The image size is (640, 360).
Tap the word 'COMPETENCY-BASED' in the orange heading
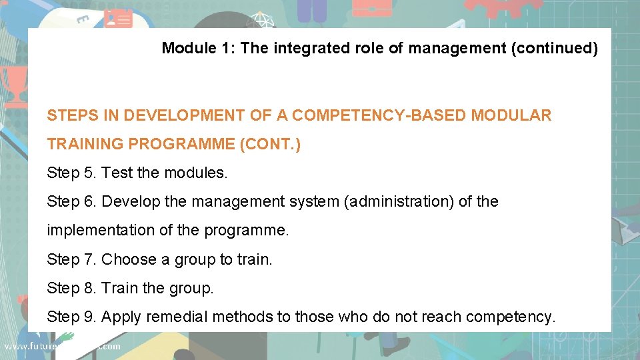click(379, 115)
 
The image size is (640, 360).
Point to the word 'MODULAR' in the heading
click(511, 115)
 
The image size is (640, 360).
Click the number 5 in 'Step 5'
click(89, 173)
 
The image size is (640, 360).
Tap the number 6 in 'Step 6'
click(89, 201)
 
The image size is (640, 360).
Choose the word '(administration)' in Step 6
click(399, 201)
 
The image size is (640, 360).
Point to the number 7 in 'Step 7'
click(89, 259)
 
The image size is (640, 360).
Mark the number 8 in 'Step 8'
click(89, 288)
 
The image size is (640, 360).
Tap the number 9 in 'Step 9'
click(89, 317)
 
